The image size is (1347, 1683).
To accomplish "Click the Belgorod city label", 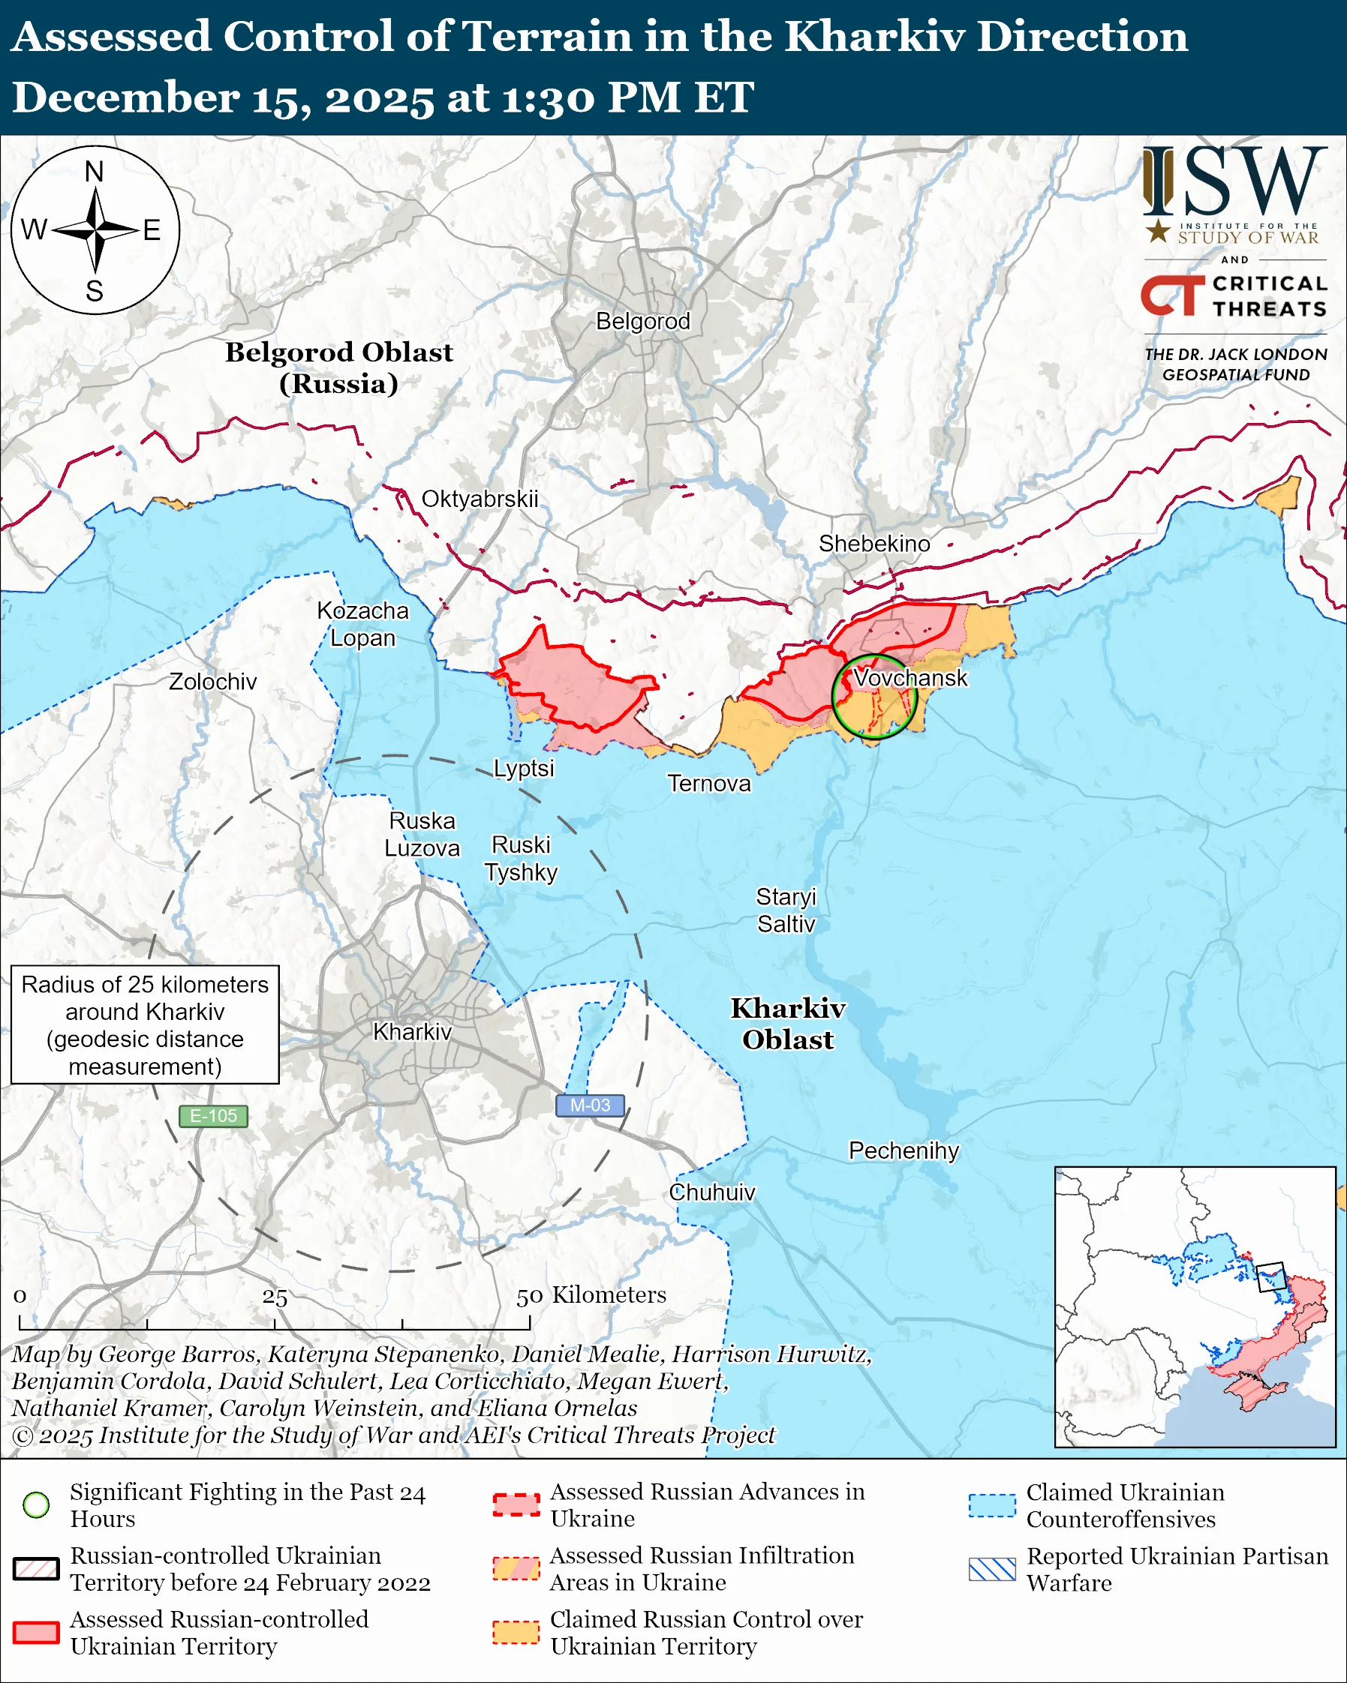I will pyautogui.click(x=642, y=322).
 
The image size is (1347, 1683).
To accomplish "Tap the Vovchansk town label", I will pyautogui.click(x=910, y=677).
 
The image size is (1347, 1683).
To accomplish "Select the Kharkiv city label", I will pyautogui.click(x=412, y=1032).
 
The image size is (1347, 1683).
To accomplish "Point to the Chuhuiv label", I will pyautogui.click(x=711, y=1192).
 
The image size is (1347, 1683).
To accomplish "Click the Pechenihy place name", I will pyautogui.click(x=904, y=1150).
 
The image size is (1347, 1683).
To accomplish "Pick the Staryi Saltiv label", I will pyautogui.click(x=786, y=910).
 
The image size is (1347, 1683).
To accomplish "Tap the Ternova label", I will pyautogui.click(x=708, y=783).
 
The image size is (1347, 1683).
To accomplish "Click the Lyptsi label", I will pyautogui.click(x=524, y=768).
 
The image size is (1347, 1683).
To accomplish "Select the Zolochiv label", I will pyautogui.click(x=212, y=682).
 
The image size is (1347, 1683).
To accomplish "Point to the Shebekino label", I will pyautogui.click(x=873, y=543).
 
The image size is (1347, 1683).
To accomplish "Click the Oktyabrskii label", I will pyautogui.click(x=480, y=499).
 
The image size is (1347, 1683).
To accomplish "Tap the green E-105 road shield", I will pyautogui.click(x=213, y=1116).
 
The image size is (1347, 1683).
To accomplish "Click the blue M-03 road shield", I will pyautogui.click(x=590, y=1105).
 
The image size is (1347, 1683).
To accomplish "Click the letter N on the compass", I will pyautogui.click(x=95, y=172).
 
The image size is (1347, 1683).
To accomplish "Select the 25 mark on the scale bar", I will pyautogui.click(x=275, y=1297).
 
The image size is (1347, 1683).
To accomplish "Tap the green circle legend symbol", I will pyautogui.click(x=37, y=1504).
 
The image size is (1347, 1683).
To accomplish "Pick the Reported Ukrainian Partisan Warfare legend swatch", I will pyautogui.click(x=992, y=1569).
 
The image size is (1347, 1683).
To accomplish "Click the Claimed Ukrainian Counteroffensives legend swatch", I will pyautogui.click(x=992, y=1505).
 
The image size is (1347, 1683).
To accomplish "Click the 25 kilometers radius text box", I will pyautogui.click(x=146, y=1025).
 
